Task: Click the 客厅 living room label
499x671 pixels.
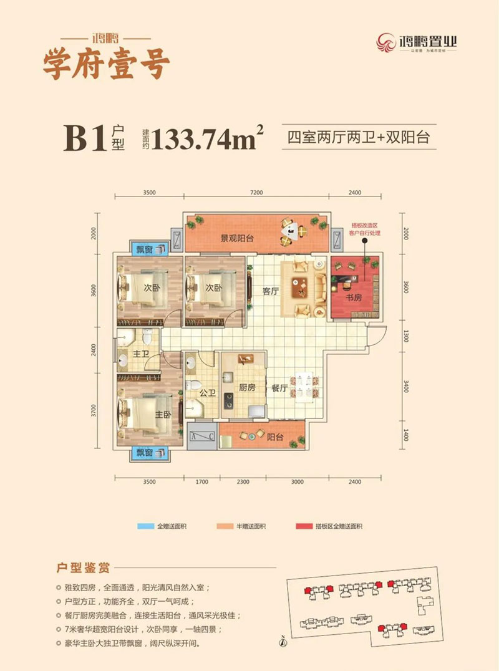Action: pyautogui.click(x=270, y=292)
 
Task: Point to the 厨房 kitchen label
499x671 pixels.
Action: pyautogui.click(x=248, y=387)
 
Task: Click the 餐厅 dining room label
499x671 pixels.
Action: pyautogui.click(x=279, y=387)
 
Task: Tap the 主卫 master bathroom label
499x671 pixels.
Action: pyautogui.click(x=140, y=354)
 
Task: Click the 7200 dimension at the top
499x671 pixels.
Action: pyautogui.click(x=256, y=193)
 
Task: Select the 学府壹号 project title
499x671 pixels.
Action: pyautogui.click(x=105, y=64)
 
